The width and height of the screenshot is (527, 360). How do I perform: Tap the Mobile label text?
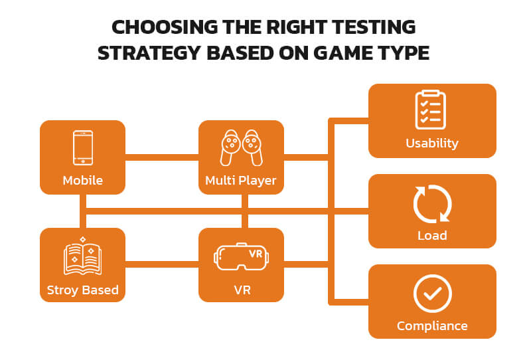coord(82,180)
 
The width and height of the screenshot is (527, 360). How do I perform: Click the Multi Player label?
coord(241,180)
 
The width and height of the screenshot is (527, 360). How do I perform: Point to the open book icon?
coord(82,257)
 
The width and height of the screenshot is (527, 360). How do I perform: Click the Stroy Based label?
coord(82,290)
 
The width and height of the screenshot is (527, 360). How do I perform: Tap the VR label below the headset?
coord(241,290)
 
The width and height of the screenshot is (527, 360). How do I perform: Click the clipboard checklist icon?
coord(431,110)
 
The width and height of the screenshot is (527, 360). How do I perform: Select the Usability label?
coord(432,143)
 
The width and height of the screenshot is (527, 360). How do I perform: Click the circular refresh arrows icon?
coord(432,204)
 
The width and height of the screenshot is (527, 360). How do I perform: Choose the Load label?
coord(432,235)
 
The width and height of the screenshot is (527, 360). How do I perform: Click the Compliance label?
coord(432,325)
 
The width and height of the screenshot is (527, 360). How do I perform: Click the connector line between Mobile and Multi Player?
coord(162,157)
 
